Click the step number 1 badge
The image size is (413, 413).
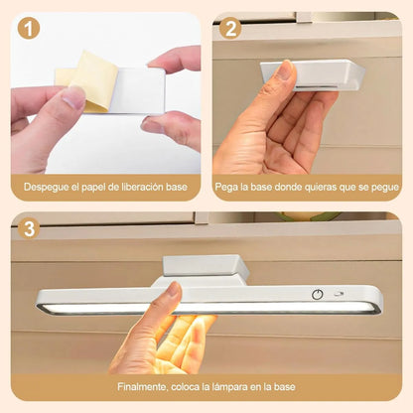(29, 29)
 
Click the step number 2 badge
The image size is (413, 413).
(230, 29)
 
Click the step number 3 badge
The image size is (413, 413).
(29, 229)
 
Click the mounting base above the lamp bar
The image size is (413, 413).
(206, 267)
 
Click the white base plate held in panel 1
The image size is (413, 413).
(134, 89)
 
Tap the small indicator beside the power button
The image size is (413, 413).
(341, 295)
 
